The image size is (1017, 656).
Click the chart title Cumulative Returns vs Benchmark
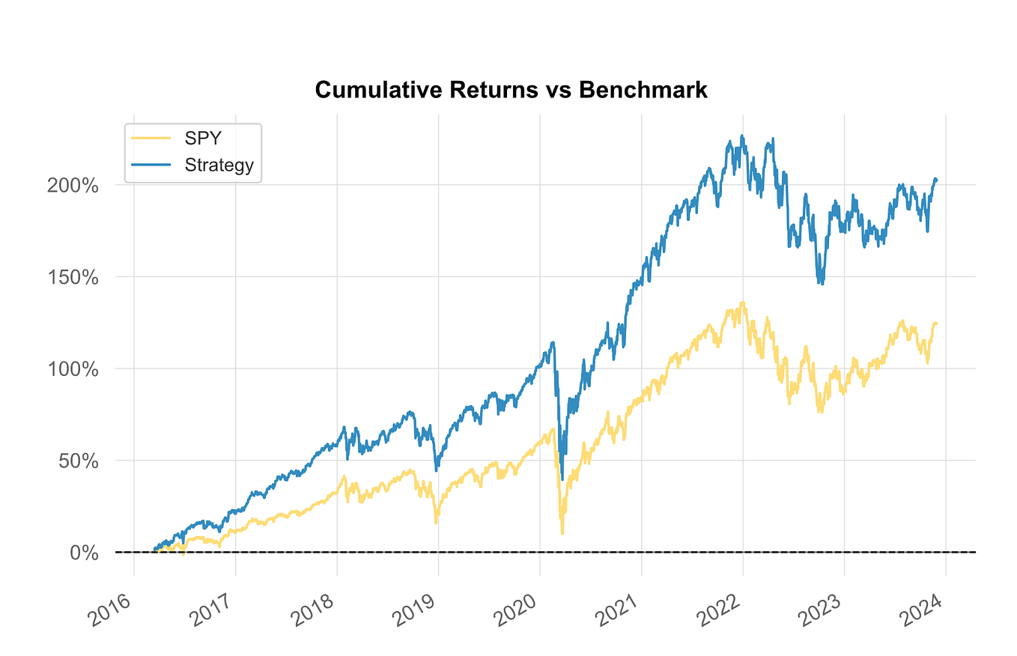511,90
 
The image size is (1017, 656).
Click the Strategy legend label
219,165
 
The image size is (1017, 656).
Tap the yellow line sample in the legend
151,139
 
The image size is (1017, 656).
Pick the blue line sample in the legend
151,165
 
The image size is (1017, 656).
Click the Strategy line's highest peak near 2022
741,136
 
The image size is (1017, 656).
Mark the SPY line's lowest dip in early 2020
562,532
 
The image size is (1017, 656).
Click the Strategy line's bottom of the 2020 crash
562,479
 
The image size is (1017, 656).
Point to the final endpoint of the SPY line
936,323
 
